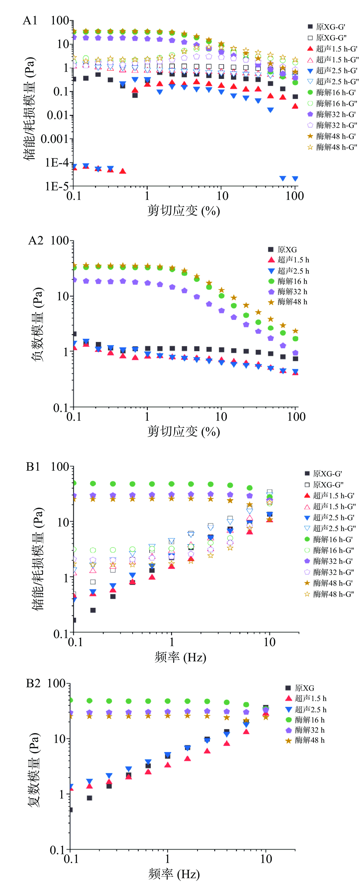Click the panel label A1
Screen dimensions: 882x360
click(x=30, y=21)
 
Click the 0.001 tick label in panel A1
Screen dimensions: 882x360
click(x=54, y=139)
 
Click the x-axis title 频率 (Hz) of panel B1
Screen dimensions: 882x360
click(x=180, y=657)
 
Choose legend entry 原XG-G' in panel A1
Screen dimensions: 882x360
click(x=330, y=27)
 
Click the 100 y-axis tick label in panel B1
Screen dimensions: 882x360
click(x=60, y=467)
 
